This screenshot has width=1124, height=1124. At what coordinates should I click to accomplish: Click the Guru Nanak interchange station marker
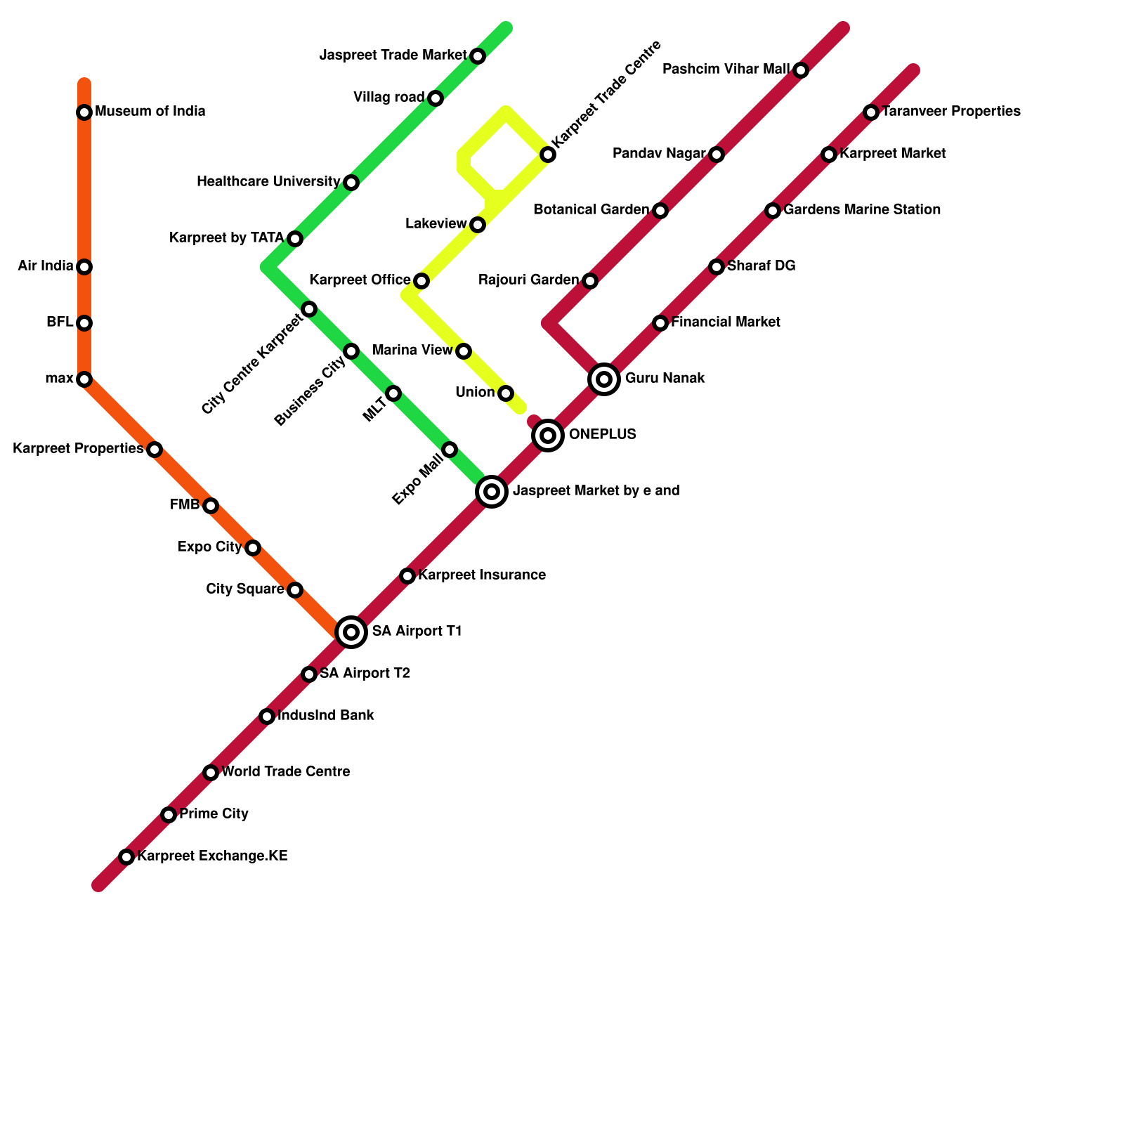[604, 379]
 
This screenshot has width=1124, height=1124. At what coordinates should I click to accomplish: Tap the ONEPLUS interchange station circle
[548, 436]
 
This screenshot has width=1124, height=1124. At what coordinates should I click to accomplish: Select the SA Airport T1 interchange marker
[351, 632]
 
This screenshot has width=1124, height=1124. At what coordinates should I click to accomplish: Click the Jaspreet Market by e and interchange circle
[492, 491]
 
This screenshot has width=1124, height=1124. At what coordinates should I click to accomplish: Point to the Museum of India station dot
[84, 112]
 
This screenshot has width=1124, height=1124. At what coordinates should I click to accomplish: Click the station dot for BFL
[84, 323]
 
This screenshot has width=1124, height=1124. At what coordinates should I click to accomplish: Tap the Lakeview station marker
[478, 225]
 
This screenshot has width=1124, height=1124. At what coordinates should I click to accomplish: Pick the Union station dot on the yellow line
[506, 393]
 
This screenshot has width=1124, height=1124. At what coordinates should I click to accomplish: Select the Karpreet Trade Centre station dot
[548, 155]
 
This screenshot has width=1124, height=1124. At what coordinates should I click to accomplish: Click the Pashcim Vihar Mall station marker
[801, 70]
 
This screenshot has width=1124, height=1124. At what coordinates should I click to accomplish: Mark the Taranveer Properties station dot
[871, 112]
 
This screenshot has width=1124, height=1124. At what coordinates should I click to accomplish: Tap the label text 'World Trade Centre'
[286, 772]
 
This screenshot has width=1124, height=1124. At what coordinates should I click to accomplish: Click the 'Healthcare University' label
[268, 182]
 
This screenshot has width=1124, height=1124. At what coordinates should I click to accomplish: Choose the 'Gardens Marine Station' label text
[862, 210]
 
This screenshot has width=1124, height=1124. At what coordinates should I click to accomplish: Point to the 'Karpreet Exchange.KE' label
[212, 856]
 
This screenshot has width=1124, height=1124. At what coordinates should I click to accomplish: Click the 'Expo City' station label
[209, 547]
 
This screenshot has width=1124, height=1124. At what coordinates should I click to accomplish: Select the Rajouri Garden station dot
[590, 281]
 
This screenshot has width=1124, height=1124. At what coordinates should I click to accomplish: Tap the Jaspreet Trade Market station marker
[478, 56]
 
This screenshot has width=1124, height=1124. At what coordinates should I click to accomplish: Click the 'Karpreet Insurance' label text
[482, 575]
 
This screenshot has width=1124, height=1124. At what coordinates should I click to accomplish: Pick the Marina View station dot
[464, 351]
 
